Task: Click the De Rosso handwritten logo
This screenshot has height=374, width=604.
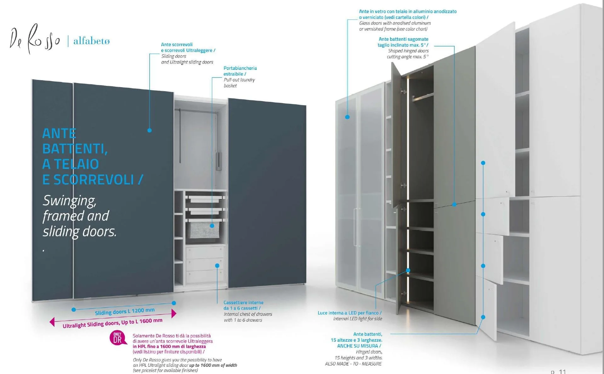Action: pyautogui.click(x=35, y=39)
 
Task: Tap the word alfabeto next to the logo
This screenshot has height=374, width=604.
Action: pyautogui.click(x=91, y=41)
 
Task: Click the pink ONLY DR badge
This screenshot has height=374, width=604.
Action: pyautogui.click(x=118, y=338)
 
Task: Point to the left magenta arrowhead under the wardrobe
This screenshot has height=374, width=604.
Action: pyautogui.click(x=52, y=322)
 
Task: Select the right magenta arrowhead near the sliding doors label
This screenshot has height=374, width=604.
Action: pyautogui.click(x=174, y=313)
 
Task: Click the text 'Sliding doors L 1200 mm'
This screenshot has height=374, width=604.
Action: pyautogui.click(x=125, y=311)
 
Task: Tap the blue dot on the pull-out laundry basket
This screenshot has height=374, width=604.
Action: pyautogui.click(x=212, y=226)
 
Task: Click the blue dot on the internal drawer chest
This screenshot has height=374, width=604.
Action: pyautogui.click(x=217, y=266)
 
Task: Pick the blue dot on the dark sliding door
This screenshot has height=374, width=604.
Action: pyautogui.click(x=150, y=130)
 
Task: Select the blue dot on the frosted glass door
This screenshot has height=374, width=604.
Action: pyautogui.click(x=347, y=117)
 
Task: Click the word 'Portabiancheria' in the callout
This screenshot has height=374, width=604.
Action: pyautogui.click(x=240, y=68)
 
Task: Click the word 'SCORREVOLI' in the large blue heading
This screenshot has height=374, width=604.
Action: pyautogui.click(x=94, y=180)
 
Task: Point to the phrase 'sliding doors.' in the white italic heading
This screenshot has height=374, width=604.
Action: pyautogui.click(x=80, y=232)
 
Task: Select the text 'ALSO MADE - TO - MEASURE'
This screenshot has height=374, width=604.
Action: pyautogui.click(x=353, y=364)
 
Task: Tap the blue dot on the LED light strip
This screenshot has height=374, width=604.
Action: pyautogui.click(x=408, y=270)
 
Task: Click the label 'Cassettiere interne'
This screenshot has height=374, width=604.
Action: pyautogui.click(x=243, y=303)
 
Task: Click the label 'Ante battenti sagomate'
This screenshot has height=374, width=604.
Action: pyautogui.click(x=403, y=39)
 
